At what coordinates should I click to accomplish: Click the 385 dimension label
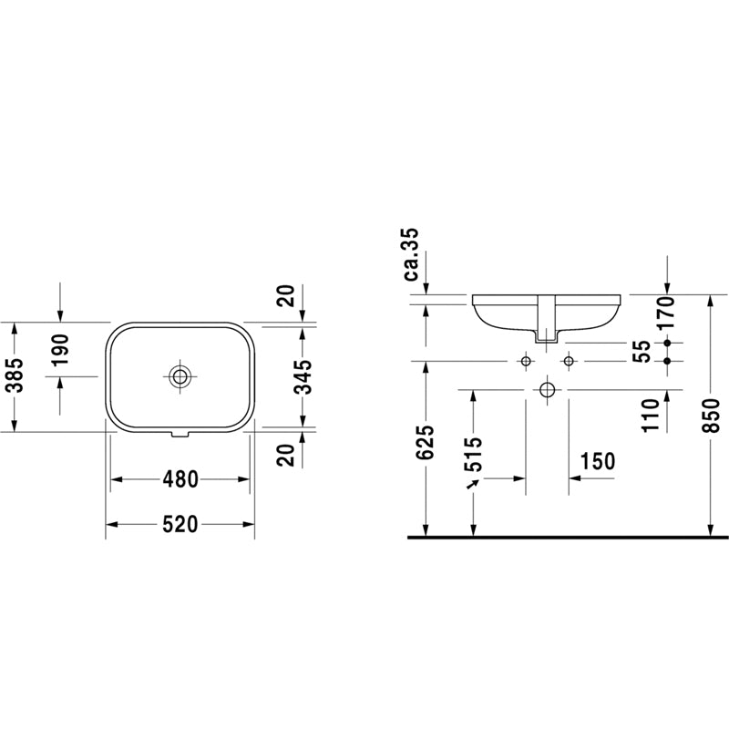pos(13,375)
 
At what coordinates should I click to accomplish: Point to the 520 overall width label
pos(180,524)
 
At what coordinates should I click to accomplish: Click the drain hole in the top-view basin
pos(180,375)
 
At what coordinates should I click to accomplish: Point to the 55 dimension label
pos(642,351)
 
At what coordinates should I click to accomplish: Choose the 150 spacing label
pos(598,461)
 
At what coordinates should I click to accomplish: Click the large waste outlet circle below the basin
pos(547,390)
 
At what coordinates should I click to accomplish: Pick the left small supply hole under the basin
pos(525,362)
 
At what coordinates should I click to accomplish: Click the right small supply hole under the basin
pos(569,362)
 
